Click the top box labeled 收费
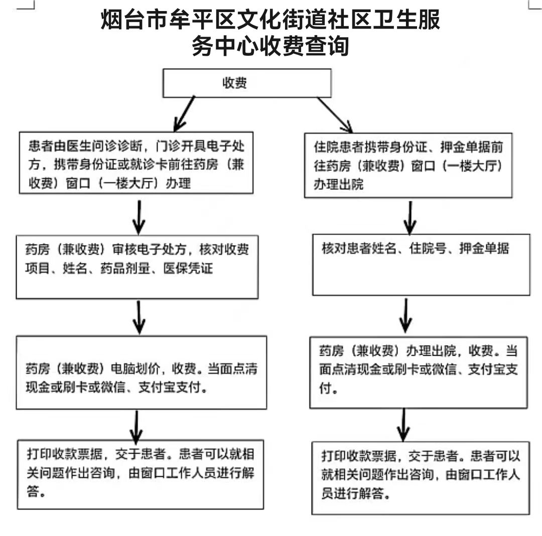click(x=247, y=83)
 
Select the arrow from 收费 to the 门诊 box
click(x=184, y=114)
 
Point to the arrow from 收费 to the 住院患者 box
click(x=335, y=115)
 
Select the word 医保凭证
click(x=188, y=268)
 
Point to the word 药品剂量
click(x=125, y=268)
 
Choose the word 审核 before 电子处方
click(x=125, y=249)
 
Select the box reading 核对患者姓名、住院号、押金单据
click(x=421, y=265)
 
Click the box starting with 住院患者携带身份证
click(x=408, y=165)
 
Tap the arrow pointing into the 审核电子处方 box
click(x=139, y=218)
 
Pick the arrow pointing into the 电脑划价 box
click(x=139, y=317)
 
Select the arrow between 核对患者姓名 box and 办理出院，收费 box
click(x=406, y=316)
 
